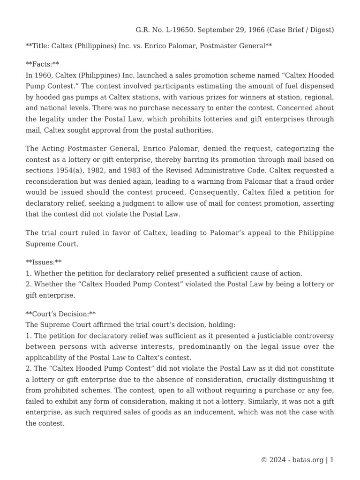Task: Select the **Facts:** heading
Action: click(42, 63)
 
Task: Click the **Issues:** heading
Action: click(44, 262)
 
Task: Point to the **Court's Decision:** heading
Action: click(60, 314)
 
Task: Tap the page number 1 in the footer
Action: click(332, 460)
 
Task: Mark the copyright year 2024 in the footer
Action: click(277, 460)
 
